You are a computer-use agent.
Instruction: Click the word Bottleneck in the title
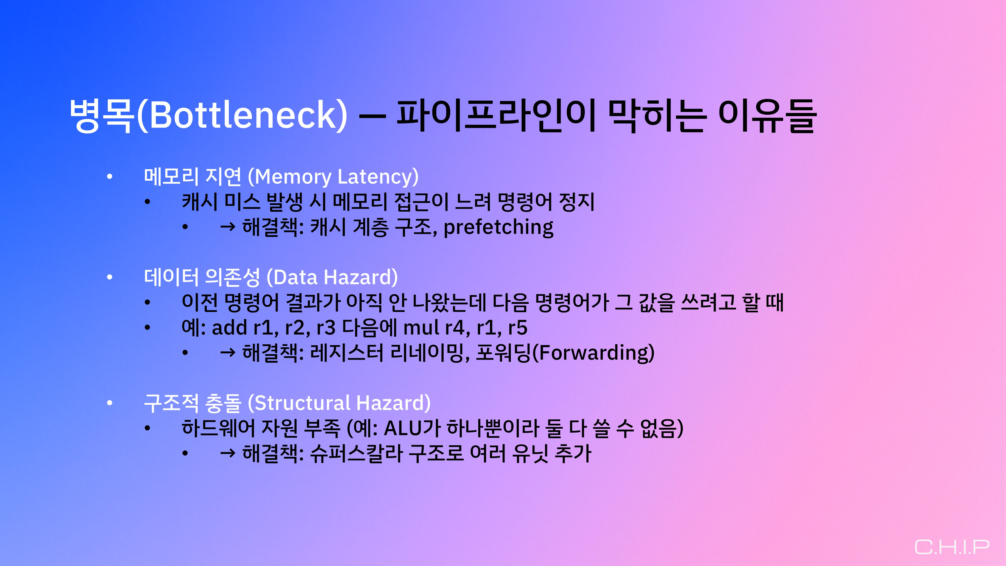click(242, 115)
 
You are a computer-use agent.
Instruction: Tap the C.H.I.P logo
click(952, 547)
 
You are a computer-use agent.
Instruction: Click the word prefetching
click(498, 227)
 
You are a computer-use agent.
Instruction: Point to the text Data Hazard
click(332, 277)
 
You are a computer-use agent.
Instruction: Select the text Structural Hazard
click(339, 403)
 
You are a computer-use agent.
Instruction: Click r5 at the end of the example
click(518, 328)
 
